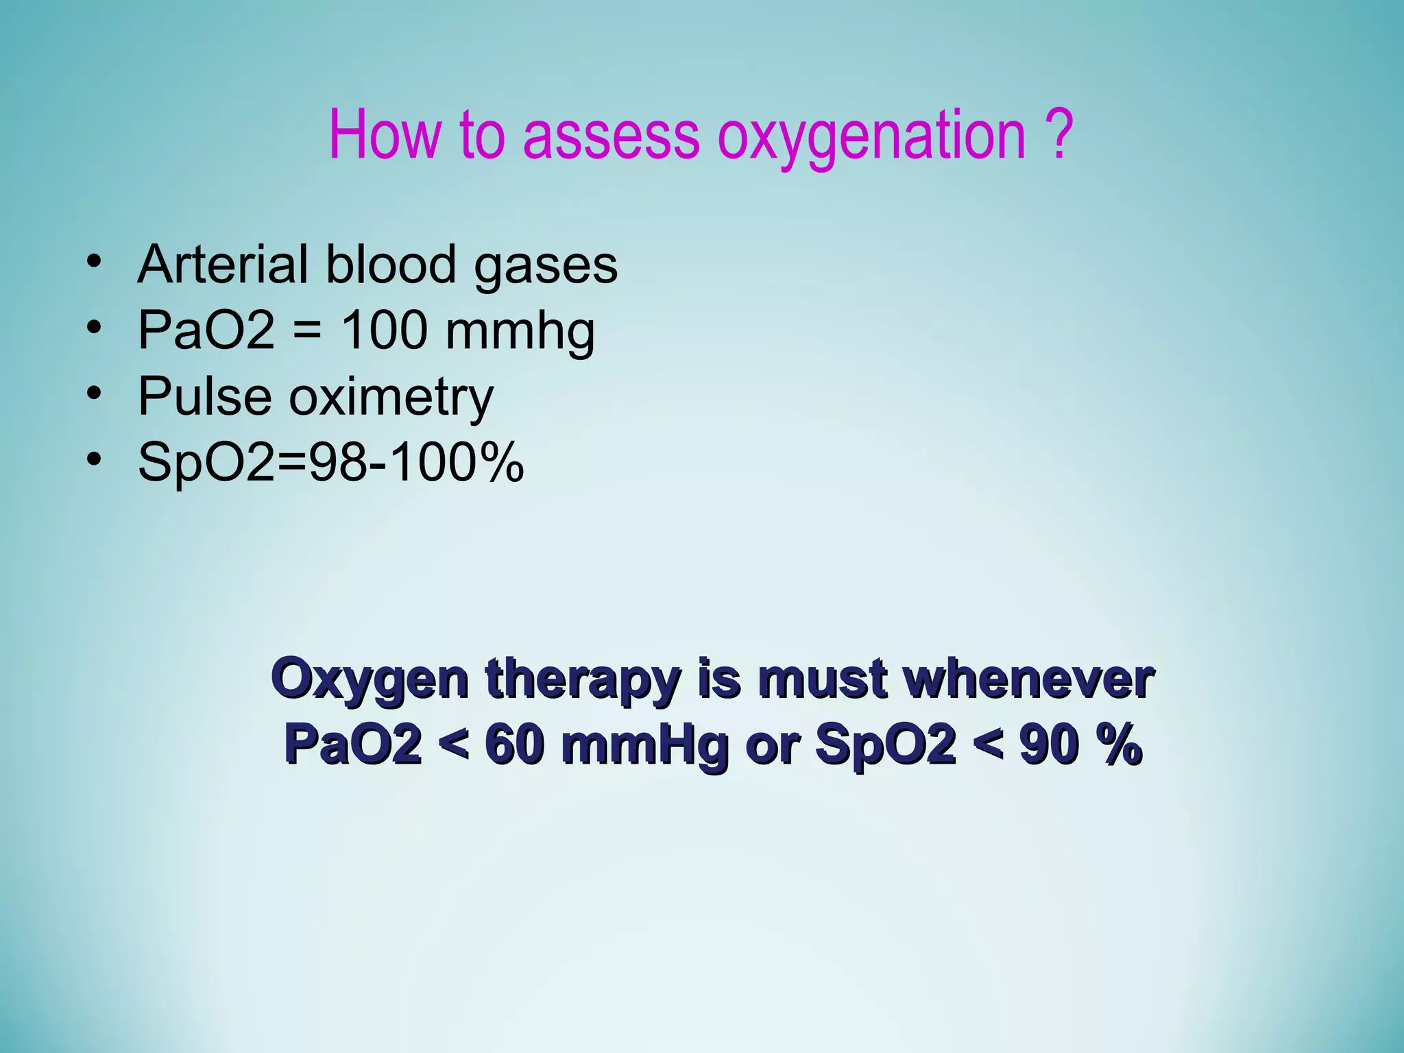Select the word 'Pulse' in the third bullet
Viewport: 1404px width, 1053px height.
click(x=205, y=396)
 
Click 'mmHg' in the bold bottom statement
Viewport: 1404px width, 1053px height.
click(x=644, y=745)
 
